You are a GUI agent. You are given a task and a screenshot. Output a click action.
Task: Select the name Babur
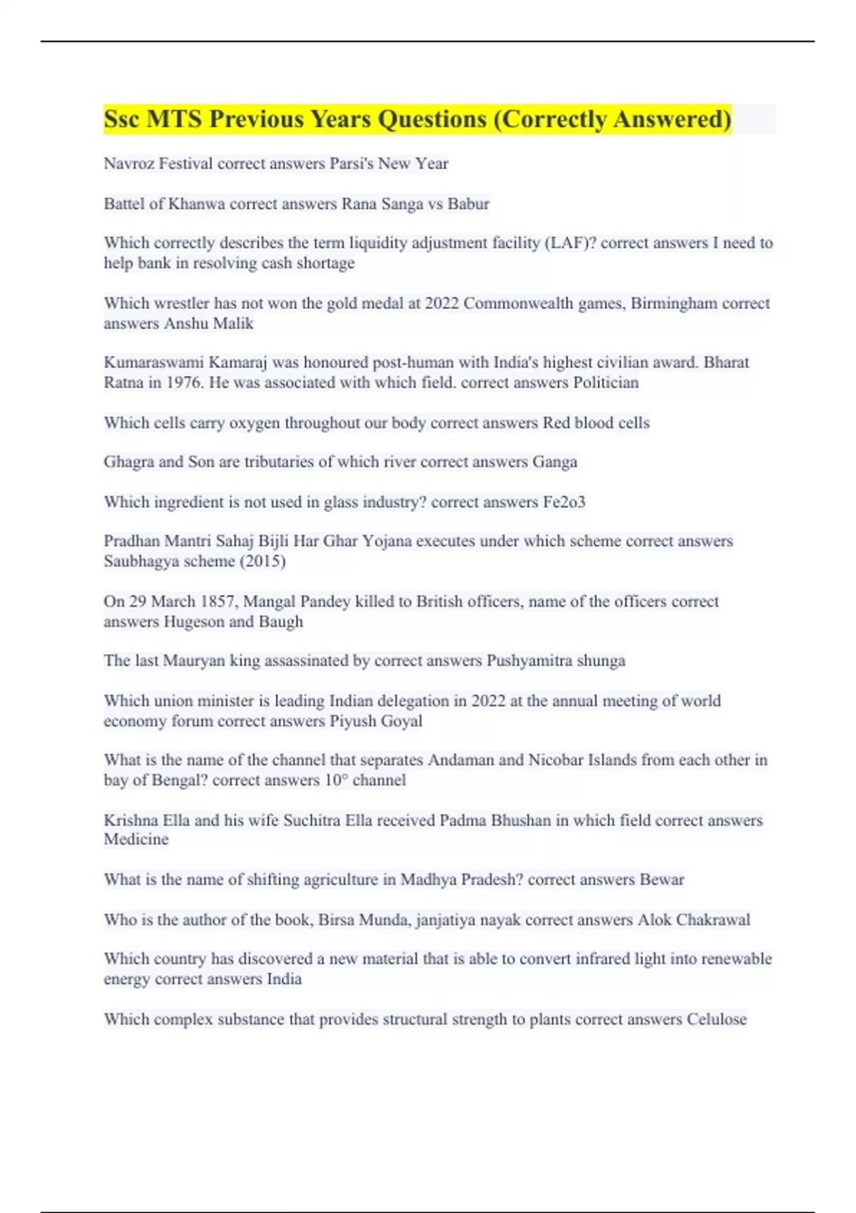point(468,204)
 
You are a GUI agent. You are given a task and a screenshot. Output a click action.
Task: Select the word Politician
point(606,382)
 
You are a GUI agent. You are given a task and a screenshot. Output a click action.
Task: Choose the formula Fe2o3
point(564,502)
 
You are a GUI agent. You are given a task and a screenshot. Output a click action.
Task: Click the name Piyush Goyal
point(375,721)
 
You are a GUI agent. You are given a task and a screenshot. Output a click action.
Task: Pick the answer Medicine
point(136,839)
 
